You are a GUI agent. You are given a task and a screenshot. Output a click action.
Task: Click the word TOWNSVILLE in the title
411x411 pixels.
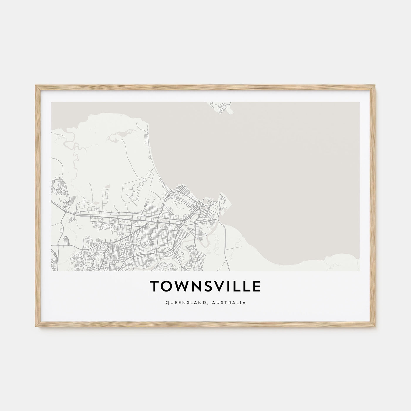(x=205, y=287)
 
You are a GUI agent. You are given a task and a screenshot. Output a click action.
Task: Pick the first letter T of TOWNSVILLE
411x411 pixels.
(x=154, y=287)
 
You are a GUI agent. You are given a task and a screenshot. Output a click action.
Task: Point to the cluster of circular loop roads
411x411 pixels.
(x=139, y=185)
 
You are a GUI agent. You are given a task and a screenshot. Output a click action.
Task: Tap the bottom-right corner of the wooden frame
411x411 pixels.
(x=375, y=326)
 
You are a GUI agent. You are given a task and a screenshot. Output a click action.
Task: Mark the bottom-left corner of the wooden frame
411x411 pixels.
(x=36, y=326)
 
